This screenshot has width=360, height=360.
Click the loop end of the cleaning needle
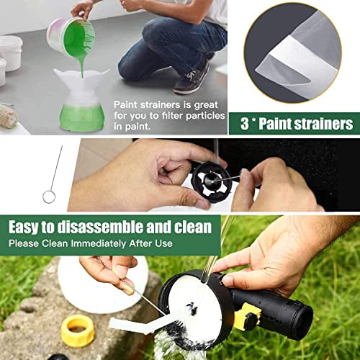pos(48,196)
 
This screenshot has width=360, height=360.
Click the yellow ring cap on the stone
pos(77,330)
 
